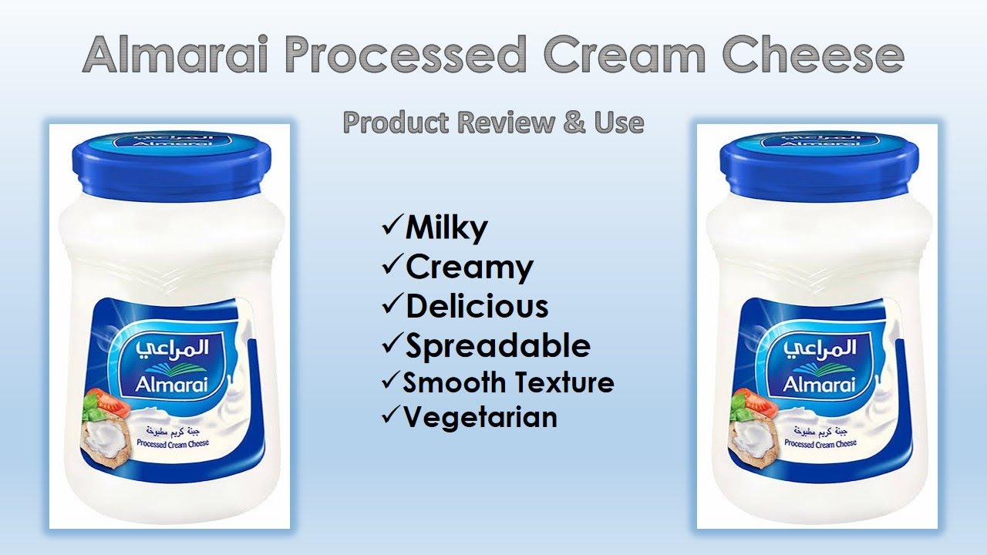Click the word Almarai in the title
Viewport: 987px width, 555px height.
[x=174, y=54]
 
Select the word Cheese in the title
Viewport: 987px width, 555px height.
[x=813, y=54]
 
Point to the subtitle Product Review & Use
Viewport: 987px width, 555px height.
[x=493, y=122]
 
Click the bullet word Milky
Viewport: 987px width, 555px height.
[x=446, y=228]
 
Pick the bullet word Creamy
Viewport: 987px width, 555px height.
[x=470, y=267]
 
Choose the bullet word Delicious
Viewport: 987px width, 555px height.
[x=477, y=306]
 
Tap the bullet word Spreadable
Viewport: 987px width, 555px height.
[x=498, y=346]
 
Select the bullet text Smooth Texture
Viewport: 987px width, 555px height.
[x=508, y=382]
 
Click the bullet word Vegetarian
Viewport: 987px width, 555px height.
[x=480, y=417]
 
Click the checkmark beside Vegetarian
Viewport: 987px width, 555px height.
[x=392, y=415]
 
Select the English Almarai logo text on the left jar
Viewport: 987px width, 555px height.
[x=171, y=385]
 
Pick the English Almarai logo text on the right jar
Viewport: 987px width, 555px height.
[x=819, y=385]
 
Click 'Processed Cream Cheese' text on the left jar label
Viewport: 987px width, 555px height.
[x=173, y=443]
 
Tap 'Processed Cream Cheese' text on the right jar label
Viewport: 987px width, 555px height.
[x=820, y=443]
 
